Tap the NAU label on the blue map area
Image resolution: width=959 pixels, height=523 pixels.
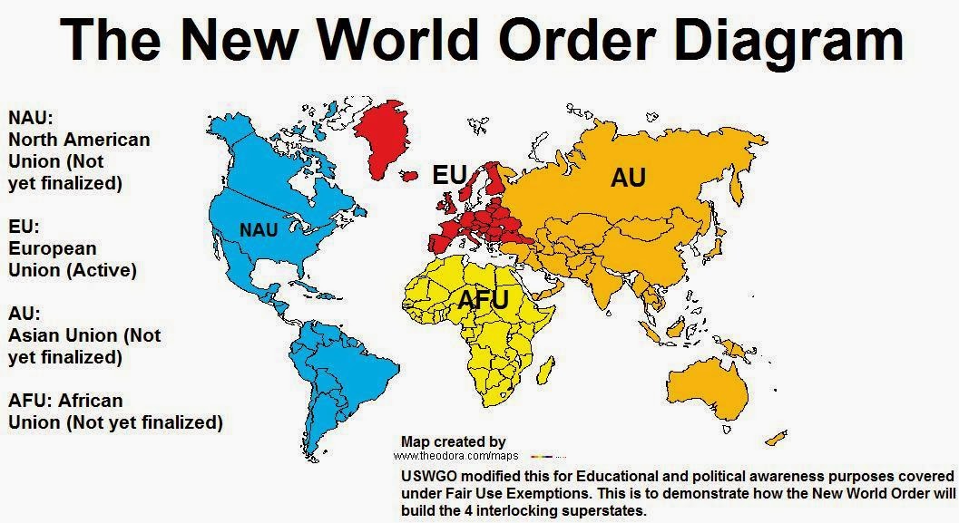pos(259,230)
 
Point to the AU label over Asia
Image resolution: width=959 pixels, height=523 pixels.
pos(627,178)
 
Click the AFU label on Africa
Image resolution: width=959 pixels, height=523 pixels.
pos(483,300)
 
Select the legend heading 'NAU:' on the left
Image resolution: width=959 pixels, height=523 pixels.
pos(31,118)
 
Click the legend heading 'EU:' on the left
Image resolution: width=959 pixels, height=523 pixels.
pos(25,227)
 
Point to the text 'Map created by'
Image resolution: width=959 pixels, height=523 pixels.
pos(453,441)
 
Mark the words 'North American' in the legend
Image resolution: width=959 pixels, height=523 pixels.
pos(79,140)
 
